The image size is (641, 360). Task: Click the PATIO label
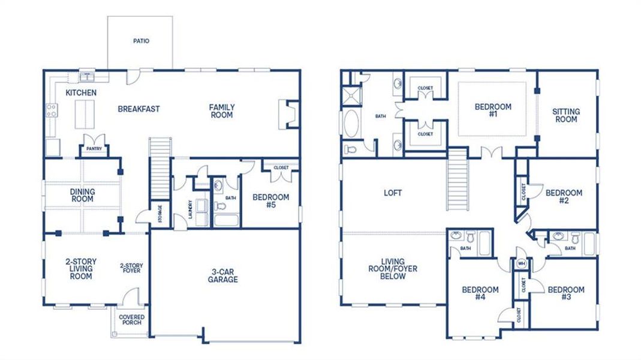pos(141,41)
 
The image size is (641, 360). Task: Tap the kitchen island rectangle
pos(85,114)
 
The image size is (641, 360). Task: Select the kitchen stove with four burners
pos(52,110)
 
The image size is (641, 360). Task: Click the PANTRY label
pos(94,148)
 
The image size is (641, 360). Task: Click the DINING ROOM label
pos(82,196)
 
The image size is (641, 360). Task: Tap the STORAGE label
pos(160,214)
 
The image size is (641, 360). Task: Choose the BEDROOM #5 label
pos(270,200)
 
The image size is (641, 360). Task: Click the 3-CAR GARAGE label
pos(223,275)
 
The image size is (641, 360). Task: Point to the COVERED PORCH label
pos(131,320)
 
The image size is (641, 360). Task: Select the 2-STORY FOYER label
pos(130,268)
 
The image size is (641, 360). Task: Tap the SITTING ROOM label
pos(565,115)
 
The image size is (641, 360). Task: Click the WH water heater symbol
pos(520,263)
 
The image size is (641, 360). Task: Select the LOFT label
pos(393,193)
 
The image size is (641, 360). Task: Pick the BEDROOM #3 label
pos(565,293)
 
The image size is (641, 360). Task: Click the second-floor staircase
pos(458,179)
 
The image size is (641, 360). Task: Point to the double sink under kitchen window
pos(88,77)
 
